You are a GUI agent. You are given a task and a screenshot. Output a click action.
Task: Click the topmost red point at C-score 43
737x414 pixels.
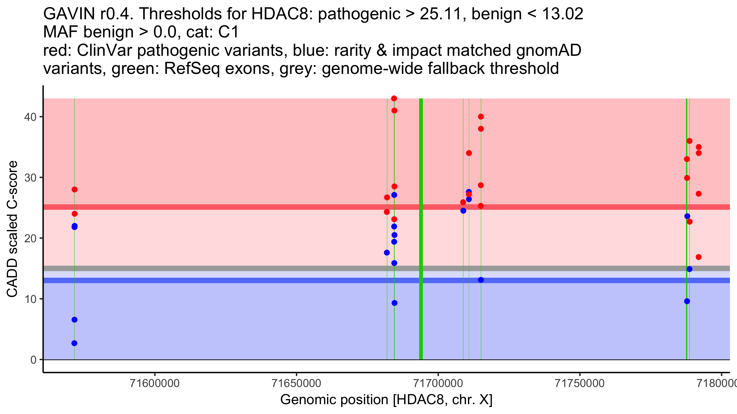pyautogui.click(x=394, y=98)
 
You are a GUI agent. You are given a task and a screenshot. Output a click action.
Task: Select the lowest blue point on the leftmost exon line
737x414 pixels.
pyautogui.click(x=74, y=343)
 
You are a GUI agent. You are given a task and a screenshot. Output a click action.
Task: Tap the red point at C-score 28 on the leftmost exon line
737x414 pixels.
pyautogui.click(x=74, y=190)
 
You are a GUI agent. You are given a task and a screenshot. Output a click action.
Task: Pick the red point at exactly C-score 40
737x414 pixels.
pyautogui.click(x=481, y=117)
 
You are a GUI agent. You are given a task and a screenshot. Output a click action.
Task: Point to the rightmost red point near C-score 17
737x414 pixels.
pyautogui.click(x=699, y=257)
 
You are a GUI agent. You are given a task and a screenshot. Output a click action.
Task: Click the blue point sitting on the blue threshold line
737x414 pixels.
pyautogui.click(x=481, y=280)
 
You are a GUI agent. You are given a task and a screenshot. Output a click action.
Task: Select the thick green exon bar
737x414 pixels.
pyautogui.click(x=421, y=229)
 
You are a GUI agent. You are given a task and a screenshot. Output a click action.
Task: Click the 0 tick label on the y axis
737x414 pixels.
pyautogui.click(x=33, y=360)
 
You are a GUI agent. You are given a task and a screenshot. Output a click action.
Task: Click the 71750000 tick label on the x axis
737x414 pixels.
pyautogui.click(x=580, y=383)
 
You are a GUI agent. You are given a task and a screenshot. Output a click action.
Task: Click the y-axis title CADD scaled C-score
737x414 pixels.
pyautogui.click(x=12, y=229)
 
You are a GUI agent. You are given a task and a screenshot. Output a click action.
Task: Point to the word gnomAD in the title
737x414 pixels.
pyautogui.click(x=549, y=50)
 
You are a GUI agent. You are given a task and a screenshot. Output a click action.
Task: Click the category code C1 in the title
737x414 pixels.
pyautogui.click(x=228, y=32)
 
